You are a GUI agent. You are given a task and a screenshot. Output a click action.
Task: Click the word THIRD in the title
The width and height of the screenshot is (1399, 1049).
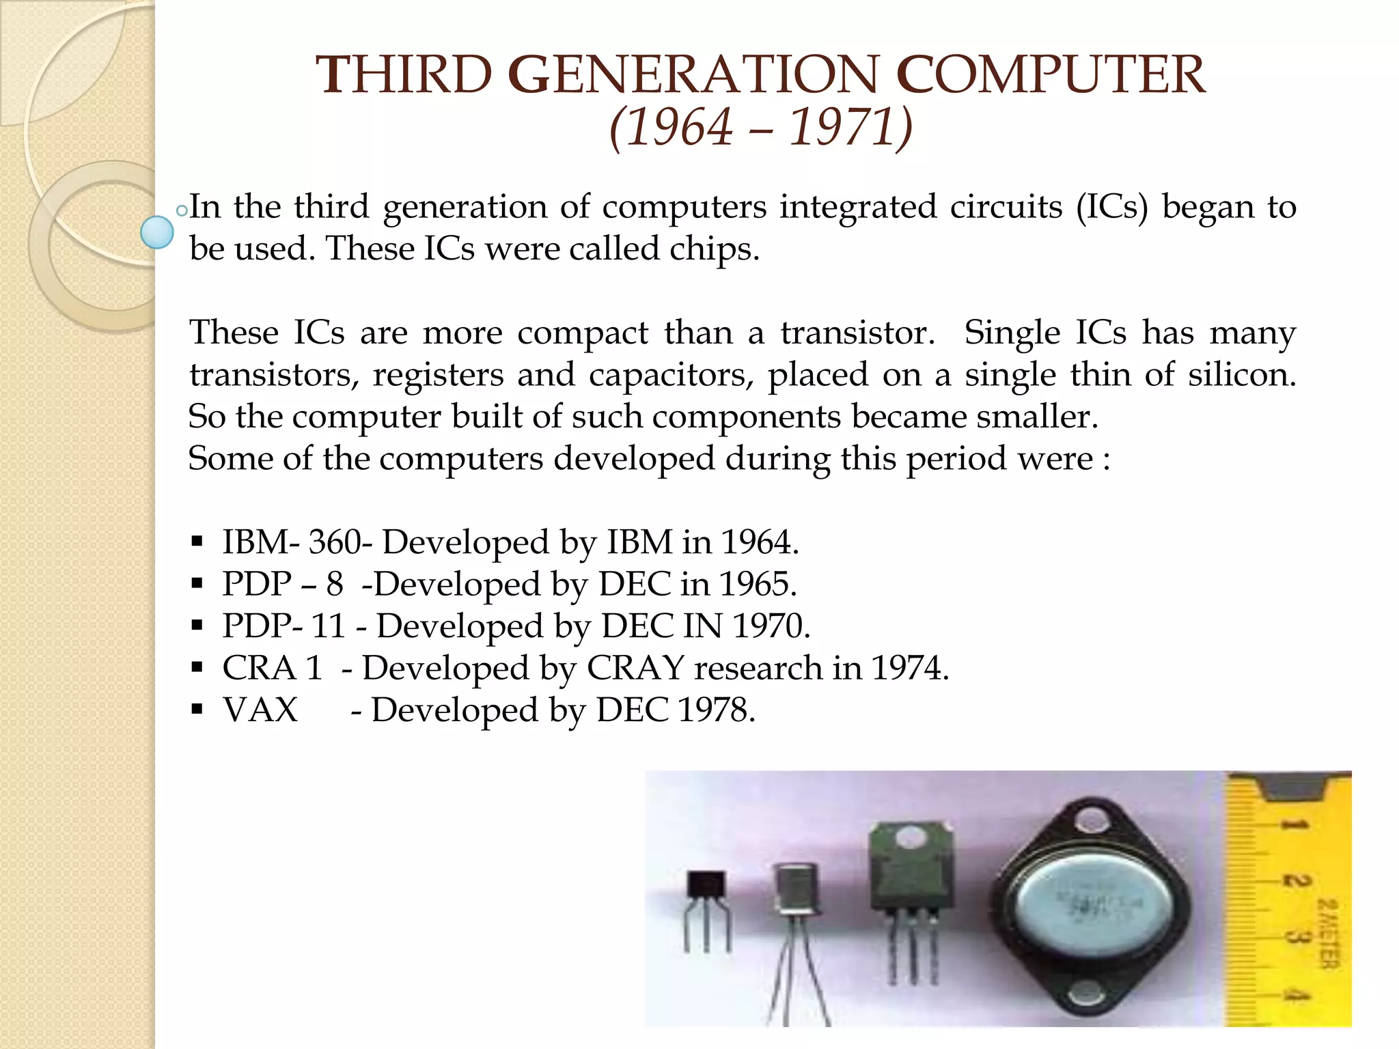coord(404,75)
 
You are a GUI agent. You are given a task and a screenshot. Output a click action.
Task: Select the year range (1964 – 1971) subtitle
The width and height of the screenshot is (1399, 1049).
coord(760,127)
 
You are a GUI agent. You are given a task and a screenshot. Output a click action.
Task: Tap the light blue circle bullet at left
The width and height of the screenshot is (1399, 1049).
coord(156,232)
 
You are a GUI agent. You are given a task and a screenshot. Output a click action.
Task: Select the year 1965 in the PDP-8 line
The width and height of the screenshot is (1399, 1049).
coord(758,585)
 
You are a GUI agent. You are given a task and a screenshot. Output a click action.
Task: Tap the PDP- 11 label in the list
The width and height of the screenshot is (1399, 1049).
coord(283,626)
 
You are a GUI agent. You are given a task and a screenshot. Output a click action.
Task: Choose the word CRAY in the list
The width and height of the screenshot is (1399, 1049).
coord(635,668)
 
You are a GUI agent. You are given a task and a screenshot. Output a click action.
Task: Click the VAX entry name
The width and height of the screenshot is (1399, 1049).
coord(260,710)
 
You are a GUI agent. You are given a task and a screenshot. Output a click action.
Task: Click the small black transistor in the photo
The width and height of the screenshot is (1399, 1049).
coord(706,888)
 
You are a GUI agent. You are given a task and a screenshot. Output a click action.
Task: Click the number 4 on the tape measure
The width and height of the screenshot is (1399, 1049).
coord(1291,996)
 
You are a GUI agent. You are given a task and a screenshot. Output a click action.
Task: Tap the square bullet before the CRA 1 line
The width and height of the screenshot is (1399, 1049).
coord(197,668)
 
